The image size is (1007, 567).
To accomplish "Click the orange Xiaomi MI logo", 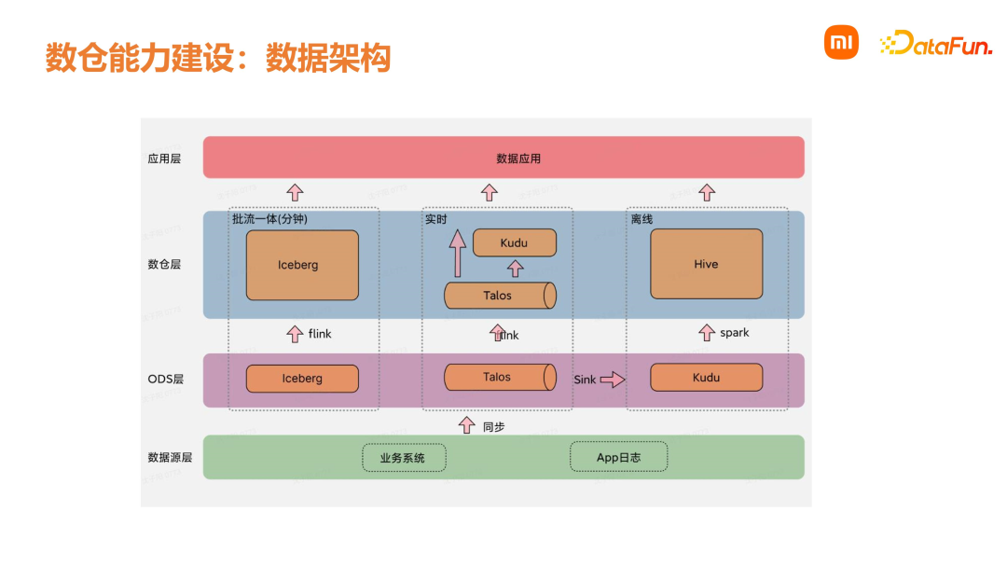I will [x=840, y=42].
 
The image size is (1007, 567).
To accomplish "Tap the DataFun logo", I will [x=936, y=43].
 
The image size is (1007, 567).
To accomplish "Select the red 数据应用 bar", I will [x=504, y=158].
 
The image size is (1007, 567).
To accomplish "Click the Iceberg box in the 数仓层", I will [x=302, y=265].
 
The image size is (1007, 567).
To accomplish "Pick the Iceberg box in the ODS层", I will [x=302, y=379].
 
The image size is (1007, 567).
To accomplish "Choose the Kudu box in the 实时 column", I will [x=514, y=243].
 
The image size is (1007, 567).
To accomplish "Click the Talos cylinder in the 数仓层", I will [x=499, y=296].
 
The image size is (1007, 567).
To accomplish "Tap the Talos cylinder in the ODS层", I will [x=499, y=378].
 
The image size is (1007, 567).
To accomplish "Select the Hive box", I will [x=706, y=264].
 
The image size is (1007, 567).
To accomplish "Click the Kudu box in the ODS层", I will [x=706, y=378].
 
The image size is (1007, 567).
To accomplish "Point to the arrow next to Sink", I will [x=612, y=380].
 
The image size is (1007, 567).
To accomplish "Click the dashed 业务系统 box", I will [x=404, y=458].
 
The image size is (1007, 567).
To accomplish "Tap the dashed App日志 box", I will [x=618, y=457].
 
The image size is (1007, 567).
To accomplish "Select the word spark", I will [x=734, y=333].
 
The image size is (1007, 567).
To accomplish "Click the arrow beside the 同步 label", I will [x=467, y=425].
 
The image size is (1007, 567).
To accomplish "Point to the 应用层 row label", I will [x=164, y=159].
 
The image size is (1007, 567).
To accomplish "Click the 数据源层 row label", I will [x=170, y=458].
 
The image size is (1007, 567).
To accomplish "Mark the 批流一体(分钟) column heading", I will [x=269, y=219].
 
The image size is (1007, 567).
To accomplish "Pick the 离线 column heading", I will [x=641, y=219].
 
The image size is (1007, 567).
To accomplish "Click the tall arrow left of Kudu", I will [x=458, y=255].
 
